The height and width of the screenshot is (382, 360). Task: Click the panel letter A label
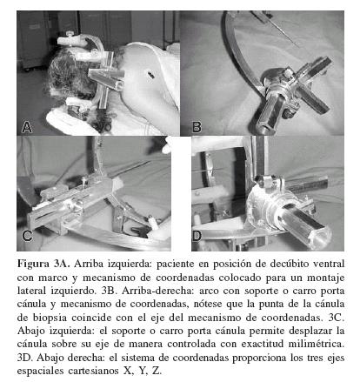27,127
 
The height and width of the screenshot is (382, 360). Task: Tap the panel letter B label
197,127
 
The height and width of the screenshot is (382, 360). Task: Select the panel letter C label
27,236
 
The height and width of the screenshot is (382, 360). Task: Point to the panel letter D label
197,237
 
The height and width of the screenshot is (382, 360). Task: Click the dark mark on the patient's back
150,75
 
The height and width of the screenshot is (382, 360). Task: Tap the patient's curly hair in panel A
64,76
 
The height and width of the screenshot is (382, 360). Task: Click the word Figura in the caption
33,265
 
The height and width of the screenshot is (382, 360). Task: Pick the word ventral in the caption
330,264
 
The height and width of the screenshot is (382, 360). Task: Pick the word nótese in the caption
208,304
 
